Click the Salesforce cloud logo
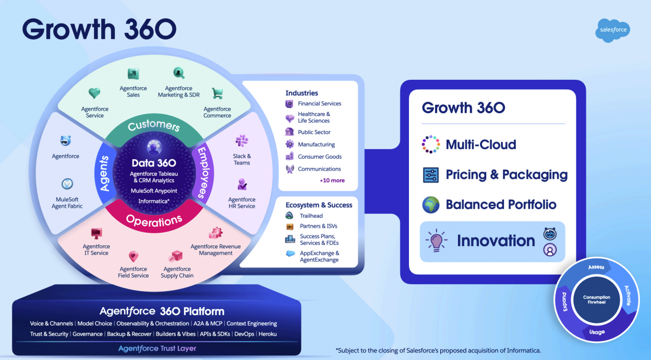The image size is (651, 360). [x=612, y=30]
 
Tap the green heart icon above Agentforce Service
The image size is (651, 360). [x=94, y=94]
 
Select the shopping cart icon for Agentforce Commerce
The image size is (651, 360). [x=217, y=94]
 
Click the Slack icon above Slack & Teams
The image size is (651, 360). [x=242, y=140]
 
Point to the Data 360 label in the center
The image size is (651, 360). [x=154, y=163]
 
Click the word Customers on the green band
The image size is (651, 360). [x=154, y=126]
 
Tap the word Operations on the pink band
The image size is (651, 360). [x=154, y=220]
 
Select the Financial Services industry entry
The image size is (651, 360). [x=319, y=104]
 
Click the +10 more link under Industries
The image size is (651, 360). [x=332, y=181]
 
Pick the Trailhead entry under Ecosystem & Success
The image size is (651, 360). [x=311, y=216]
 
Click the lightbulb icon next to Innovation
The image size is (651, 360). [x=437, y=241]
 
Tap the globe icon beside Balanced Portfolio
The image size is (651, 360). [x=431, y=205]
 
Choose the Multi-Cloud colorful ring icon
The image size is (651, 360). [x=431, y=145]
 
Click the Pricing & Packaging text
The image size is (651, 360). [x=507, y=175]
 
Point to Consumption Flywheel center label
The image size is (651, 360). [x=596, y=299]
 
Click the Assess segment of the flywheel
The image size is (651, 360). [x=596, y=268]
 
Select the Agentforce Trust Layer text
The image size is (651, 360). [x=157, y=348]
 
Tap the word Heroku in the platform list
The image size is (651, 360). [x=268, y=334]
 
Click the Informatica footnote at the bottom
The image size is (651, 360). [x=438, y=350]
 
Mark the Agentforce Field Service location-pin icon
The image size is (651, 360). [x=134, y=257]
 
